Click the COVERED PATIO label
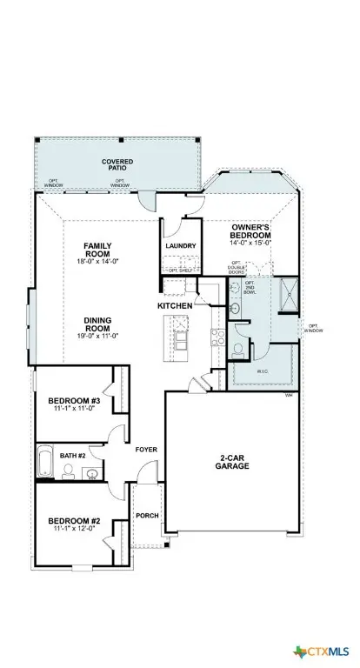(117, 165)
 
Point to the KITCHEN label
(174, 307)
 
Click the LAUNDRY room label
(180, 246)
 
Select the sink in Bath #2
(90, 472)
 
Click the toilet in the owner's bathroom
(238, 349)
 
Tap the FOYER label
(144, 450)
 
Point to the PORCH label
(147, 515)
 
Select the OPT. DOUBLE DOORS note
(237, 267)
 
